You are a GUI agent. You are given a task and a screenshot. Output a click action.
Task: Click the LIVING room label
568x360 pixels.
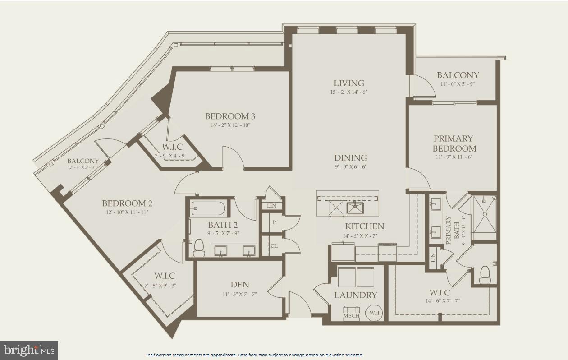point(349,83)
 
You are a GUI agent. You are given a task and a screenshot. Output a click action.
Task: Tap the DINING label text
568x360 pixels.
point(350,158)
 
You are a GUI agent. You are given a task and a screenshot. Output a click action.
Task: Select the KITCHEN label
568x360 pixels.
point(364,226)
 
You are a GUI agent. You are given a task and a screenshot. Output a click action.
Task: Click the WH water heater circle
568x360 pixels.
point(374,313)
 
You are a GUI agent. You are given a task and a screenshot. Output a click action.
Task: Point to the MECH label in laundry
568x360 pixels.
point(351,315)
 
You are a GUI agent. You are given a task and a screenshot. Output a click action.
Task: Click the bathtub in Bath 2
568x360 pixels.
point(208,208)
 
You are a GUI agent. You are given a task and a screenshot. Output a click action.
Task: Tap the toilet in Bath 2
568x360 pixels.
point(199,248)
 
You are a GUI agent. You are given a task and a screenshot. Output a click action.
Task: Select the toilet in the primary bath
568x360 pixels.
point(485,274)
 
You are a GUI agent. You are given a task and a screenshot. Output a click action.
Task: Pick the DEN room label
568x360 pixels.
point(240,284)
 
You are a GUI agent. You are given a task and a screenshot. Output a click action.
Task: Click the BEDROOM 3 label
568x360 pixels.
point(230,116)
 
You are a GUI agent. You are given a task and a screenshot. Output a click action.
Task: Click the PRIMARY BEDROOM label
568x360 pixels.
point(453,143)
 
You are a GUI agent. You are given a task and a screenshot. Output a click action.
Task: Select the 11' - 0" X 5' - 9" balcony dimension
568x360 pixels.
point(458,84)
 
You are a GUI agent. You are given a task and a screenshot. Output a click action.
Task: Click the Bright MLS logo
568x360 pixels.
point(29,350)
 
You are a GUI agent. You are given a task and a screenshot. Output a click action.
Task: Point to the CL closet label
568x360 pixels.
point(274,246)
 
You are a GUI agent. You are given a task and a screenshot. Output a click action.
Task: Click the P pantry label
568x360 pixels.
point(274,223)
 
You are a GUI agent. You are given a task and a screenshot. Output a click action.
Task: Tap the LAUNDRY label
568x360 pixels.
point(355,295)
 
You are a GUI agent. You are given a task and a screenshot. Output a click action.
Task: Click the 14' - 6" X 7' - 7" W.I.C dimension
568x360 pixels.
point(439,301)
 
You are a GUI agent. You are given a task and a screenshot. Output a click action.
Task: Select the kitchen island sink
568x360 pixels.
point(356,208)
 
